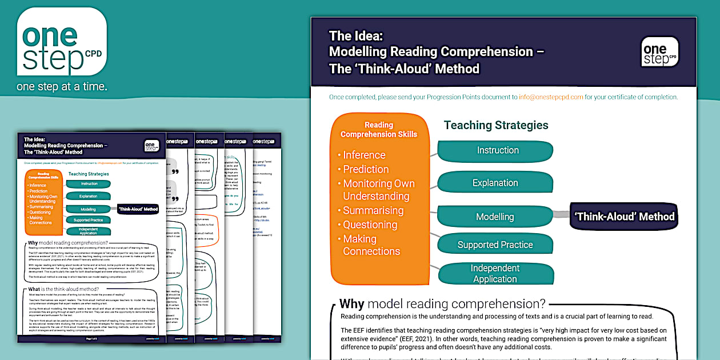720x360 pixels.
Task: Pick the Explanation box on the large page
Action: point(495,183)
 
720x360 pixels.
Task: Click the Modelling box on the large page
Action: point(495,217)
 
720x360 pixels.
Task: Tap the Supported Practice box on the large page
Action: point(495,245)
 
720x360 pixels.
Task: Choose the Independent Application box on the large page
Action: point(495,273)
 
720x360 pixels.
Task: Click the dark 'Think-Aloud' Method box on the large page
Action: point(624,217)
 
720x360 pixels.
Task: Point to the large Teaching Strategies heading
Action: point(496,125)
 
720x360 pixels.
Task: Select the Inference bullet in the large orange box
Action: point(364,155)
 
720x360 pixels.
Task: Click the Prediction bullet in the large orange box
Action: point(366,169)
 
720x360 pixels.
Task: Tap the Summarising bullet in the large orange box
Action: point(373,210)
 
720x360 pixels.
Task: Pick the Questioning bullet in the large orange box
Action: point(370,225)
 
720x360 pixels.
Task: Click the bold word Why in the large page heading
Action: point(352,303)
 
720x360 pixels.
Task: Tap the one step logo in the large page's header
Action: point(659,52)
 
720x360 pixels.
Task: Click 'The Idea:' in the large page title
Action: point(356,35)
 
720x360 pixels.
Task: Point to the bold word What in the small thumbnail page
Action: point(34,289)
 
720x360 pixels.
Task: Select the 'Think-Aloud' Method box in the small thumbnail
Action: point(138,209)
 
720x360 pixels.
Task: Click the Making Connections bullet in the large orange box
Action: point(371,245)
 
